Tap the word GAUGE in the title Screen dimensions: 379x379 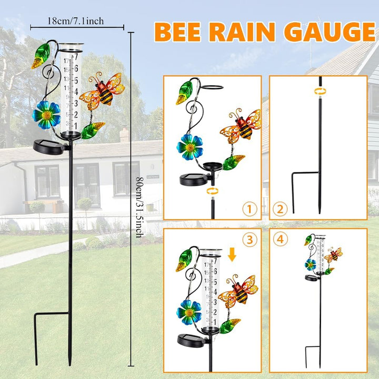pos(330,32)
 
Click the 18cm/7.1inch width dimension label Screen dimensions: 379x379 pos(76,21)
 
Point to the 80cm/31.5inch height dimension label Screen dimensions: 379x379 pos(140,207)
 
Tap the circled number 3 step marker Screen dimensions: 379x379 pos(250,240)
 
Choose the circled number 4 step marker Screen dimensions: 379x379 pos(280,240)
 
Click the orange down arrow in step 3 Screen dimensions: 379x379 pos(232,255)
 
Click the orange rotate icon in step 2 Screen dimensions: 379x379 pos(320,92)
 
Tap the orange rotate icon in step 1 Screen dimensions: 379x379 pos(213,191)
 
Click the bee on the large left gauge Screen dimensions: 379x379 pos(102,91)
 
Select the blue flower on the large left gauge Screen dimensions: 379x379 pos(46,115)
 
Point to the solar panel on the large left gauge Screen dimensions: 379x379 pos(48,147)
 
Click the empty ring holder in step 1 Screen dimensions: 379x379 pos(212,87)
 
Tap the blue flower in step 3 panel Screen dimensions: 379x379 pos(189,313)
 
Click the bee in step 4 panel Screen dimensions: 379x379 pos(333,255)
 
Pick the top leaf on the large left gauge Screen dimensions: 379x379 pos(41,56)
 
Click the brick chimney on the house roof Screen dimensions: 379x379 pos(124,135)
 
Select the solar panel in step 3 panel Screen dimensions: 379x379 pos(193,341)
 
